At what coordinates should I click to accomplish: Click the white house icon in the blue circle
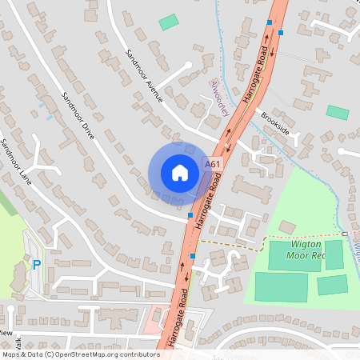pyautogui.click(x=180, y=172)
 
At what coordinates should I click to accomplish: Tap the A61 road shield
pyautogui.click(x=211, y=164)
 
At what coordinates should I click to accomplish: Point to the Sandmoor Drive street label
pyautogui.click(x=78, y=117)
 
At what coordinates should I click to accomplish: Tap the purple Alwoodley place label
pyautogui.click(x=218, y=98)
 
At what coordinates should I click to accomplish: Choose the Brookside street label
pyautogui.click(x=275, y=122)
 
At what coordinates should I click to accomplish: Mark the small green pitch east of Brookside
pyautogui.click(x=338, y=113)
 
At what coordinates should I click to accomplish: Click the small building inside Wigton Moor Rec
pyautogui.click(x=287, y=228)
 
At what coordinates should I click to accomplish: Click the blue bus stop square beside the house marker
pyautogui.click(x=190, y=215)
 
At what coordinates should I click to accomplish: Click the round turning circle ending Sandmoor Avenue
pyautogui.click(x=188, y=66)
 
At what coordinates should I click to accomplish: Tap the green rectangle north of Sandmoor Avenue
pyautogui.click(x=169, y=22)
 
